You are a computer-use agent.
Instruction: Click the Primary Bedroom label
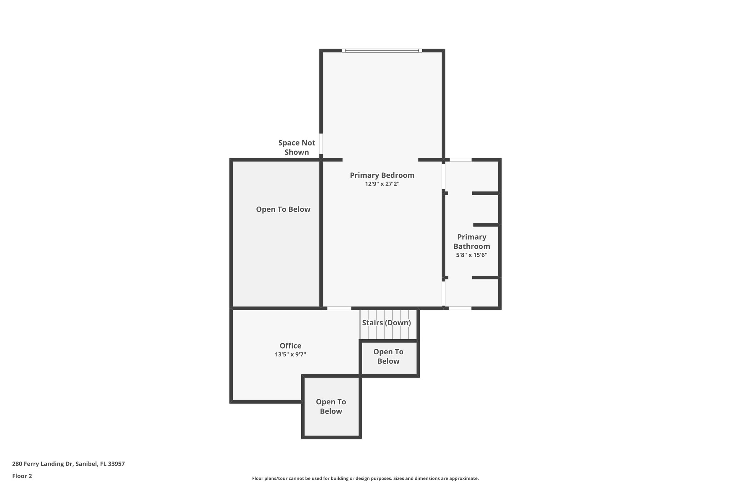(382, 175)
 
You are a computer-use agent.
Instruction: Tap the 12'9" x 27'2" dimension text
(382, 184)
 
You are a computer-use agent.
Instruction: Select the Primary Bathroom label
(472, 242)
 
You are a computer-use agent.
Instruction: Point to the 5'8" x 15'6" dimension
(472, 255)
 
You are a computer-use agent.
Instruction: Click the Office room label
(290, 346)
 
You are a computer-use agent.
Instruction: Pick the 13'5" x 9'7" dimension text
(290, 355)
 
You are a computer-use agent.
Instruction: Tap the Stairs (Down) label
(386, 323)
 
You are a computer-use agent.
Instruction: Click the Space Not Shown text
(297, 147)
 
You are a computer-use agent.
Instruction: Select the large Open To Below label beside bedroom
(283, 210)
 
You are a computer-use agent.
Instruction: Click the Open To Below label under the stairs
(388, 356)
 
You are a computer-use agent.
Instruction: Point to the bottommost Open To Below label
(331, 406)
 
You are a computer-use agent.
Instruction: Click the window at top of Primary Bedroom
(382, 51)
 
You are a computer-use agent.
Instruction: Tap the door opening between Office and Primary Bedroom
(339, 308)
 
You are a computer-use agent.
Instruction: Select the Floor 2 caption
(22, 476)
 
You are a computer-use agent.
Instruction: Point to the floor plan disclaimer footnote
(365, 478)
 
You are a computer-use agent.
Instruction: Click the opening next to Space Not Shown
(321, 143)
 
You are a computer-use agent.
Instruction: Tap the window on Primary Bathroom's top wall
(460, 160)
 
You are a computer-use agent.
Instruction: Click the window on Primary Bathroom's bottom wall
(460, 308)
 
